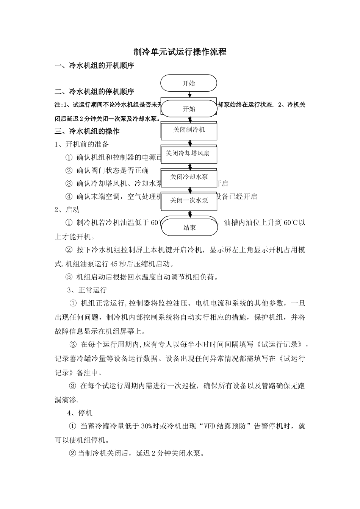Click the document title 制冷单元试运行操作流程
pos(180,52)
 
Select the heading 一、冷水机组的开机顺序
pos(94,66)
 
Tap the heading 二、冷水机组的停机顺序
pos(94,92)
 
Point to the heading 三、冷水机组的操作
pos(87,131)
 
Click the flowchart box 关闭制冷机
pos(189,130)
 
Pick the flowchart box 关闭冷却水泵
pos(189,177)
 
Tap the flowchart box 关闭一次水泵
pos(189,200)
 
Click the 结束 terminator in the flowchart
pos(189,228)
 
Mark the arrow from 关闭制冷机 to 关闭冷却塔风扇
pos(189,143)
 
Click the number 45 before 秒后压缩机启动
pos(113,264)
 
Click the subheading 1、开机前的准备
pos(82,144)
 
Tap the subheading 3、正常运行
pos(87,290)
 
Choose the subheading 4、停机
pos(80,412)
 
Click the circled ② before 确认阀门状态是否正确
pos(69,170)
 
